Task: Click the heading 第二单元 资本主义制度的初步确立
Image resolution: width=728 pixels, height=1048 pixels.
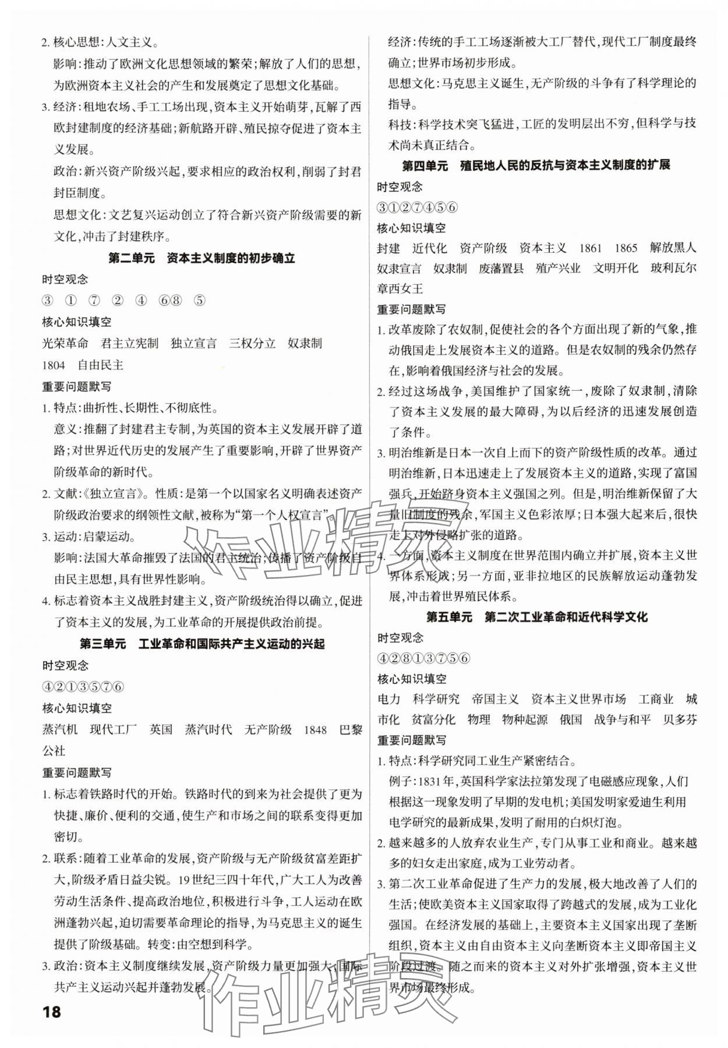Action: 202,258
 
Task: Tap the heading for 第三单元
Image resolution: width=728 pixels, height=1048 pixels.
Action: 202,644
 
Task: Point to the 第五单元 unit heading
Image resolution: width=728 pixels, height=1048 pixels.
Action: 536,616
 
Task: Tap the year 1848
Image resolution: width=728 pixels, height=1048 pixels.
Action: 314,729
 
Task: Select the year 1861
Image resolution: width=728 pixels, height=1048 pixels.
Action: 590,248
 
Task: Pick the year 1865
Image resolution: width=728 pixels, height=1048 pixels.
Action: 625,248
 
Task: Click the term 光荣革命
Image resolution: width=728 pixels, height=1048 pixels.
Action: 65,343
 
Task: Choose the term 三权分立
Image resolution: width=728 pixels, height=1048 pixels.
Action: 252,343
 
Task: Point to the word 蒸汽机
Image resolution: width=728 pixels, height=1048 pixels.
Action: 59,729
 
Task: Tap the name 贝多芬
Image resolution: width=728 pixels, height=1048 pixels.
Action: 680,719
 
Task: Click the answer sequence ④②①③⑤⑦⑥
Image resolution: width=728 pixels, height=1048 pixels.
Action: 83,686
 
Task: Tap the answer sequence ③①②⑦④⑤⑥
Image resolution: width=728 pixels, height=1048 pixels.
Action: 418,207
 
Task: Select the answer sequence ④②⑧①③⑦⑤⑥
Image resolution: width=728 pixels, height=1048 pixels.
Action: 423,658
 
